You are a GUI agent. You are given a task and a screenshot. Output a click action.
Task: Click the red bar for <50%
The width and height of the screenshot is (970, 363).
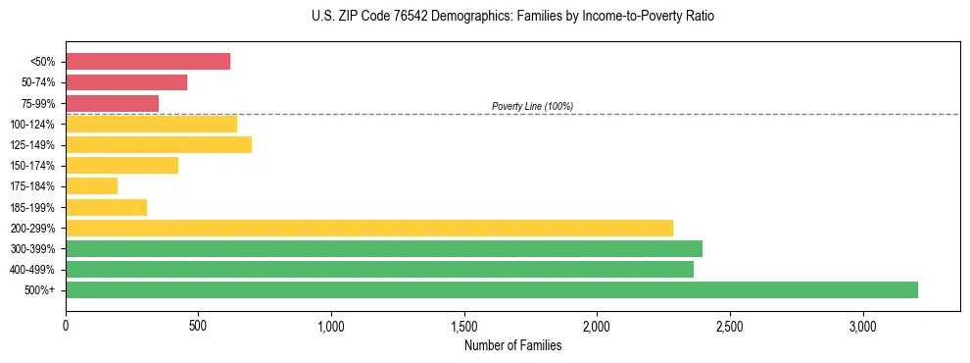point(147,62)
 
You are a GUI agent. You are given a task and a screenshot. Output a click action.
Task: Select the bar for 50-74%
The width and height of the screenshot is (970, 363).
point(125,82)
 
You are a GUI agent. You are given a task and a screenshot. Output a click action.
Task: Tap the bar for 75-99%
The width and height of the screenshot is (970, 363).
point(112,103)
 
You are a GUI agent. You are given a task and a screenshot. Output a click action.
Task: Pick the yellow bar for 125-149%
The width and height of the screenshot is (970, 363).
point(158,144)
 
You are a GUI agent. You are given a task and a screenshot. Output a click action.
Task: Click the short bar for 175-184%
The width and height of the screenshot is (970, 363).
point(91,185)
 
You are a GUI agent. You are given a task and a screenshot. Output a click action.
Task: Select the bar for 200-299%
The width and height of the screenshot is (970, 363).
point(368,228)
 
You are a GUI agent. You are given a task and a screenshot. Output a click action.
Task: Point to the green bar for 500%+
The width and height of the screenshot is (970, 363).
point(491,289)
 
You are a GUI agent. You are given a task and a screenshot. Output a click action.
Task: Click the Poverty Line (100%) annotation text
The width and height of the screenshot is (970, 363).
point(532,106)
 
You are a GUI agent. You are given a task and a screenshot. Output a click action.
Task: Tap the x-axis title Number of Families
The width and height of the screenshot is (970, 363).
point(512,345)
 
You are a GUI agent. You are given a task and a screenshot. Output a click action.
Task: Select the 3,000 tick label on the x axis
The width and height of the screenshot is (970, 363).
point(863,326)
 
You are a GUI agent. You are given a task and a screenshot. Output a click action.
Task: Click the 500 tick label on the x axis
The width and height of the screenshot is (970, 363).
point(198,326)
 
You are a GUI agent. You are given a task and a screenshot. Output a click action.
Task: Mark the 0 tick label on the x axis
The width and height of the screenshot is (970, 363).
point(66,326)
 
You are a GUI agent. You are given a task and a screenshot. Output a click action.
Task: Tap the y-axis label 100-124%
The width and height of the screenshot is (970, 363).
point(32,125)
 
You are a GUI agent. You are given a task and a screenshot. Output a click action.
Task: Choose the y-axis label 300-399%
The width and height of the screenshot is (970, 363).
point(32,248)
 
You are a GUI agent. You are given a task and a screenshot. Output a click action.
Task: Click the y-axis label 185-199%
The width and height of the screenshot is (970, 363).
point(32,207)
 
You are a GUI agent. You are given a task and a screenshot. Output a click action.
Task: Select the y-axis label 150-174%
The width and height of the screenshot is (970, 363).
point(32,166)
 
